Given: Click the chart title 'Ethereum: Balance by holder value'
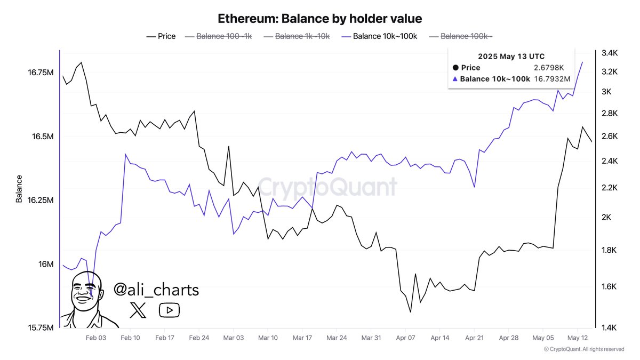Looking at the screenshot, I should (x=320, y=19).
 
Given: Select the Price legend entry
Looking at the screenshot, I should (x=161, y=36).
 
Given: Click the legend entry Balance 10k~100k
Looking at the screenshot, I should (x=380, y=36).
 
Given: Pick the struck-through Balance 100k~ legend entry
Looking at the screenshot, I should (x=461, y=36).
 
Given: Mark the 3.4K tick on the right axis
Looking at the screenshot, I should (x=609, y=53).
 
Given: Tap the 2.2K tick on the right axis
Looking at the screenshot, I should (x=609, y=188).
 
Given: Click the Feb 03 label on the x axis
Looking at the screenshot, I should (x=96, y=338).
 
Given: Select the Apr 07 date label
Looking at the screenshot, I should (x=406, y=338).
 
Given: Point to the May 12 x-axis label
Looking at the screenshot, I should (x=578, y=338).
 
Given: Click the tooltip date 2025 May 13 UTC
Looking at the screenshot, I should (x=511, y=56).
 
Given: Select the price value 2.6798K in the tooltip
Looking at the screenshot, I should (x=548, y=68).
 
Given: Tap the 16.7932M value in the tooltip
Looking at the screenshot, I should (x=552, y=79).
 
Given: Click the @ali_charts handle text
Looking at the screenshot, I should (x=156, y=290).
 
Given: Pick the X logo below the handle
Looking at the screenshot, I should (x=138, y=310).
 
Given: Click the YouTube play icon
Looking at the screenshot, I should (x=169, y=310).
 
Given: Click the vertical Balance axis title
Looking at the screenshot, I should (x=19, y=189).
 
